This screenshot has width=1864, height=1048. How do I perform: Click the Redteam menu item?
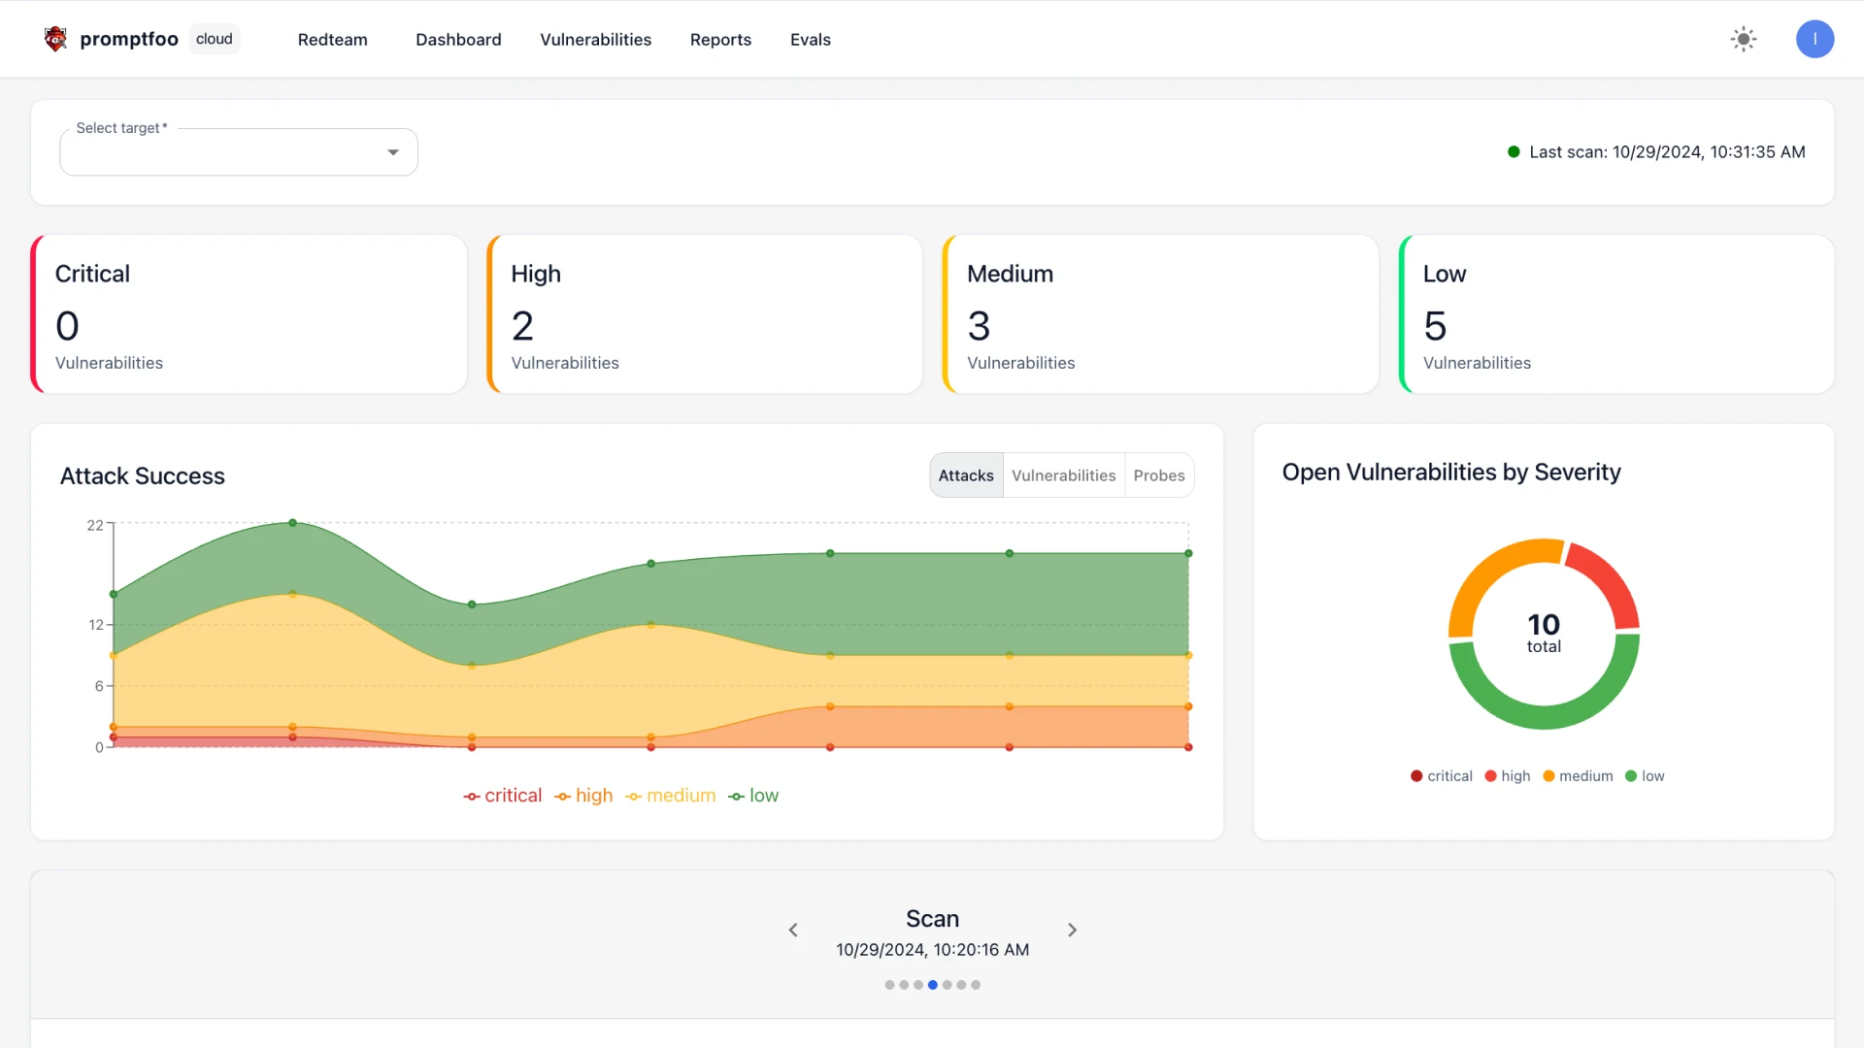click(332, 40)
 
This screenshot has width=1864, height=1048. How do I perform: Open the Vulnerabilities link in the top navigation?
click(595, 40)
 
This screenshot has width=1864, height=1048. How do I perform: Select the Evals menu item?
click(810, 40)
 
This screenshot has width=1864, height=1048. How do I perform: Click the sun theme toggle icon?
click(1744, 40)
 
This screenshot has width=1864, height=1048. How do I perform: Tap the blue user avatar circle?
click(1814, 40)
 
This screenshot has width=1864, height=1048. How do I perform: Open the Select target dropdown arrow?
click(393, 152)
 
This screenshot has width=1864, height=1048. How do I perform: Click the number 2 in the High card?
click(522, 326)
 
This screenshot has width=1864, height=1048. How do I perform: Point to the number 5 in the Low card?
click(1435, 326)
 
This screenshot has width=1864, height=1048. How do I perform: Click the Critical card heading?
click(92, 274)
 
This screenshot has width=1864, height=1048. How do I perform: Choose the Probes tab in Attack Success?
click(1158, 475)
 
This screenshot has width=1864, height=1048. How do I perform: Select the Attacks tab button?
click(966, 475)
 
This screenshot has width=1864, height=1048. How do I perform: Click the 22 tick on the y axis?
click(95, 525)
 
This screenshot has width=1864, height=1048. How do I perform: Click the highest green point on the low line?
click(292, 523)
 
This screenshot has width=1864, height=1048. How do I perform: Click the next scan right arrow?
click(1072, 930)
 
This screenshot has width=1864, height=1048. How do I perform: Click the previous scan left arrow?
click(793, 930)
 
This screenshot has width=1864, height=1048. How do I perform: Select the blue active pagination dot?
click(932, 985)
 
